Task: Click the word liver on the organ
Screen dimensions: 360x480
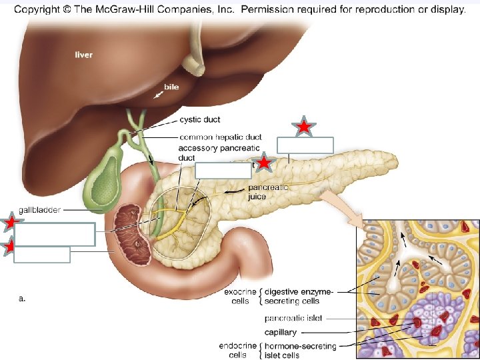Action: click(83, 55)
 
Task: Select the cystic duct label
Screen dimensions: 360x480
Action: click(200, 120)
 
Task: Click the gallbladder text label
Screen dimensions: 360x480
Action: click(39, 210)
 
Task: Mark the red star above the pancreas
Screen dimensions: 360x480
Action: click(303, 126)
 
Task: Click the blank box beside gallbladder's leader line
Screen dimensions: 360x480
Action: click(55, 234)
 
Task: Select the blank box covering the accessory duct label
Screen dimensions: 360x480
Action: click(224, 170)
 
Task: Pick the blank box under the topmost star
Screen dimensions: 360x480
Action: click(305, 145)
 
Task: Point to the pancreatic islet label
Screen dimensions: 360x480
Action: click(293, 319)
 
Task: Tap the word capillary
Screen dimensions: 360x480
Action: click(280, 332)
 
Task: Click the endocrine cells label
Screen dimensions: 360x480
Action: click(236, 350)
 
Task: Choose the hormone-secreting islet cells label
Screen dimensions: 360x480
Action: click(300, 350)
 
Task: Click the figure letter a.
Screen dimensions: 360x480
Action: click(23, 299)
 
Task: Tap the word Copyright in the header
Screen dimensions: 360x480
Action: click(39, 9)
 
